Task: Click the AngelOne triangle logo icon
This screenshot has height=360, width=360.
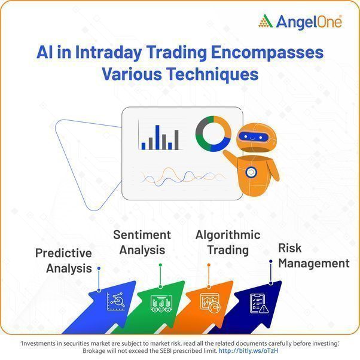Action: pyautogui.click(x=266, y=21)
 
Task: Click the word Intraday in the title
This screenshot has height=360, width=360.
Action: pyautogui.click(x=108, y=53)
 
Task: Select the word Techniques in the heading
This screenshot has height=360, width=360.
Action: pyautogui.click(x=212, y=74)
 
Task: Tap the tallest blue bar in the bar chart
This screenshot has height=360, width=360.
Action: pyautogui.click(x=157, y=138)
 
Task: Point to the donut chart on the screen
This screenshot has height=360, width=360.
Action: pyautogui.click(x=213, y=133)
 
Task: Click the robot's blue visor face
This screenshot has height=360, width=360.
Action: pyautogui.click(x=254, y=137)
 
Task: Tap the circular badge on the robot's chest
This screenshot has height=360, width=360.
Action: pyautogui.click(x=251, y=172)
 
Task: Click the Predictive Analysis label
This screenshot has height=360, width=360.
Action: pyautogui.click(x=64, y=261)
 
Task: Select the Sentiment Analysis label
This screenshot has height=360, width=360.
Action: pyautogui.click(x=142, y=242)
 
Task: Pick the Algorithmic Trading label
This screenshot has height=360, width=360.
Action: pyautogui.click(x=228, y=242)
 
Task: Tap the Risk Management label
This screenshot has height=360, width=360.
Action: pyautogui.click(x=313, y=255)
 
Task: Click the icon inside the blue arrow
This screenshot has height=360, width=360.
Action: pyautogui.click(x=116, y=301)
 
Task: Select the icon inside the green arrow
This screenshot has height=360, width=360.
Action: pyautogui.click(x=161, y=303)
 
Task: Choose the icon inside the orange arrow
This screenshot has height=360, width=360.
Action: pyautogui.click(x=210, y=303)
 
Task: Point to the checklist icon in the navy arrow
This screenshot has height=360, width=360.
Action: pyautogui.click(x=259, y=303)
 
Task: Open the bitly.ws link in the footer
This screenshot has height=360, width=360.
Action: pyautogui.click(x=248, y=350)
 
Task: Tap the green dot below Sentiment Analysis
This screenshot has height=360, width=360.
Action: pyautogui.click(x=160, y=265)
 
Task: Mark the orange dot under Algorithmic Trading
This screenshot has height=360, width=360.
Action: pyautogui.click(x=209, y=265)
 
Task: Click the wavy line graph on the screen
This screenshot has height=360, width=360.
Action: pyautogui.click(x=182, y=177)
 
